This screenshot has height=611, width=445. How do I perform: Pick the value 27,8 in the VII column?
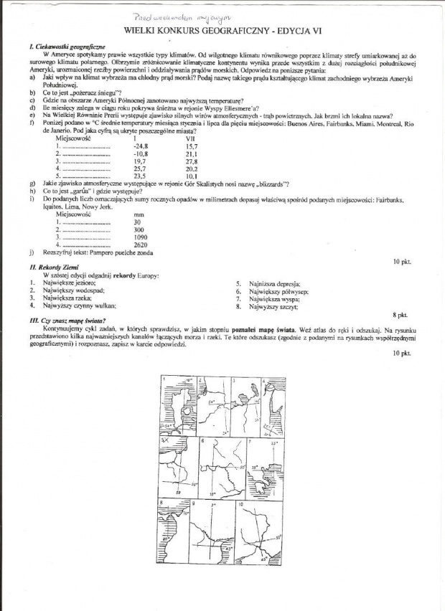point(191,161)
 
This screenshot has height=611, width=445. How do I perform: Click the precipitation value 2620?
point(141,245)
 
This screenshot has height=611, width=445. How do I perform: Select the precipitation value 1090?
point(141,237)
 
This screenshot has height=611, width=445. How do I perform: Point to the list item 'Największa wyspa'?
point(276,299)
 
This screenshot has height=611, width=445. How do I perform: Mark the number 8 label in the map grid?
point(164,504)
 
